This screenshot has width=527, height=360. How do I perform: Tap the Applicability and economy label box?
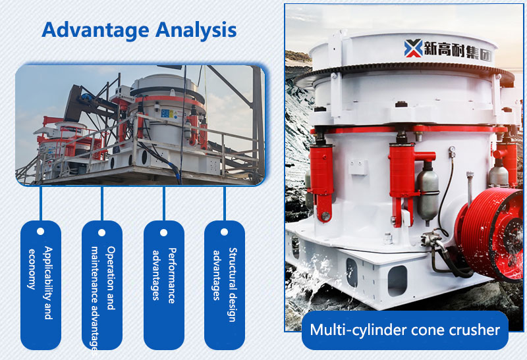40,284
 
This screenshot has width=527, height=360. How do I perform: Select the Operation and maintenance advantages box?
102,284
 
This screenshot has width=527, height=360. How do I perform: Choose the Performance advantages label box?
163,284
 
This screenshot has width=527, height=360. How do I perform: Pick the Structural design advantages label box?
224,284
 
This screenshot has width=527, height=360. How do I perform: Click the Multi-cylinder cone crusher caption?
404,330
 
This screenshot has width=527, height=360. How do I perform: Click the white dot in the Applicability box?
40,232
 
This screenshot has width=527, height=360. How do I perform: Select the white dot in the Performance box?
163,232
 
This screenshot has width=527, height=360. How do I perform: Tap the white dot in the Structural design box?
224,232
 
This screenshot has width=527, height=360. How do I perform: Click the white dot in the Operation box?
102,232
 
